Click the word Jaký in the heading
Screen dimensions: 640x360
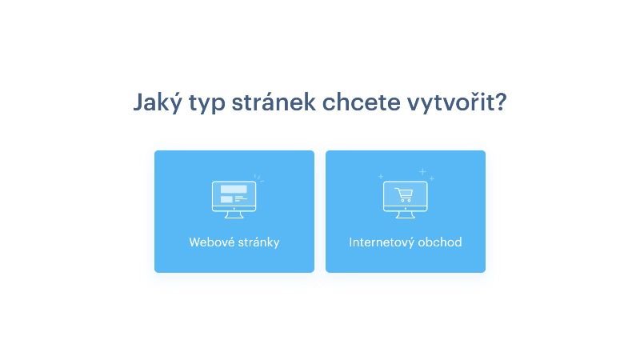tap(158, 102)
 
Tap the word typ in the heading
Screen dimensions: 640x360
tap(206, 103)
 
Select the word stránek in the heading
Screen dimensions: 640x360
tap(274, 102)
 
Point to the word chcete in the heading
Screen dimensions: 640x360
tap(362, 102)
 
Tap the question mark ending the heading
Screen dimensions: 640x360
tap(501, 102)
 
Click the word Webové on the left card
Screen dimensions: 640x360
tap(211, 242)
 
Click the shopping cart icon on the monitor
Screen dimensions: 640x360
tap(404, 194)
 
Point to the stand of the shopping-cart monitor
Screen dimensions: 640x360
tap(406, 214)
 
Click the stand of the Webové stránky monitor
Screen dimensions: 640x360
tap(234, 214)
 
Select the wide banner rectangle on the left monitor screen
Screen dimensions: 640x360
tap(234, 190)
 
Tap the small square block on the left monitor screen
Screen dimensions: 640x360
tap(226, 199)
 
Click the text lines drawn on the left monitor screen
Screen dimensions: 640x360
tap(241, 198)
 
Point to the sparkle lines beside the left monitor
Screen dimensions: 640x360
tap(258, 178)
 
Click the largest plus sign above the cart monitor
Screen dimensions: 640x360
tap(423, 171)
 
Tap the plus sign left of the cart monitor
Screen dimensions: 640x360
tap(381, 176)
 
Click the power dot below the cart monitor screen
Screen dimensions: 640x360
tap(406, 209)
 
